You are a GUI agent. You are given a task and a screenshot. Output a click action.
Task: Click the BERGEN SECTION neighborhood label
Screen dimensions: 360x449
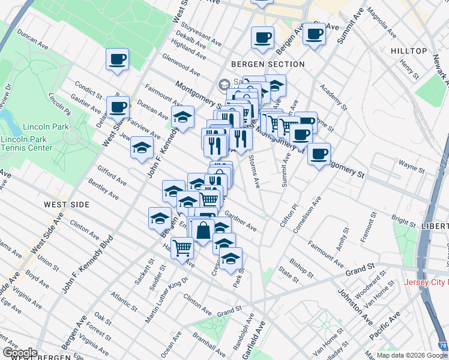point(268,64)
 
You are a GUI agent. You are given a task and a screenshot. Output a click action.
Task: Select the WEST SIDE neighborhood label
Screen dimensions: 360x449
point(67,205)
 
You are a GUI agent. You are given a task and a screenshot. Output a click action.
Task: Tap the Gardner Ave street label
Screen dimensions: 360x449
point(240,221)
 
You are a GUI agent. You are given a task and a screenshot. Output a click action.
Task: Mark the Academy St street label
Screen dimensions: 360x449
point(333,96)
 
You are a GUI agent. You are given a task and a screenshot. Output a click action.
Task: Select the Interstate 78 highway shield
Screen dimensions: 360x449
point(442,346)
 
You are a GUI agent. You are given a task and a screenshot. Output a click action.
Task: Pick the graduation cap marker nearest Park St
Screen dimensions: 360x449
point(231,259)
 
